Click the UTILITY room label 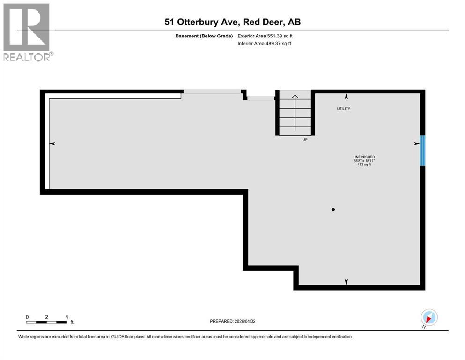343,109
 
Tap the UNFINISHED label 364,157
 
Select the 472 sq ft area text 364,165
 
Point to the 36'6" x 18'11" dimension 364,161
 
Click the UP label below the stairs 305,139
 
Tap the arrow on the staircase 295,112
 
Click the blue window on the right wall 422,150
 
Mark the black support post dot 333,210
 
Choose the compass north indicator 429,318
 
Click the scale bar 47,322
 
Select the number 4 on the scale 67,317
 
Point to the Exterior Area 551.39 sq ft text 266,36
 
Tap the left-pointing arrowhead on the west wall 52,144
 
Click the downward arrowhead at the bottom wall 346,281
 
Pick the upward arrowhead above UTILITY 346,97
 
